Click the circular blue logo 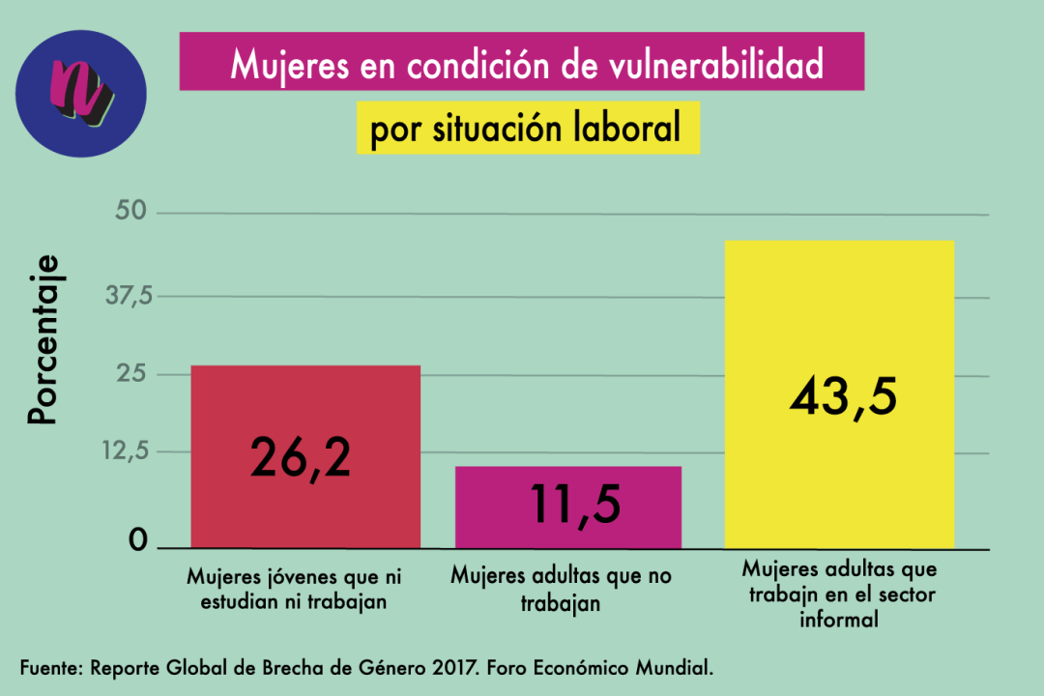81,94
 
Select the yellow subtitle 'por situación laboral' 527,129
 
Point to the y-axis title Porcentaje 43,340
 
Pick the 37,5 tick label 130,296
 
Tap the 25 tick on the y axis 138,374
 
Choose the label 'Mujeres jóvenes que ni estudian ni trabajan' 294,590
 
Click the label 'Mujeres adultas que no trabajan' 561,590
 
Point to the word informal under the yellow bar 838,620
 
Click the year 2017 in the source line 444,669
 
